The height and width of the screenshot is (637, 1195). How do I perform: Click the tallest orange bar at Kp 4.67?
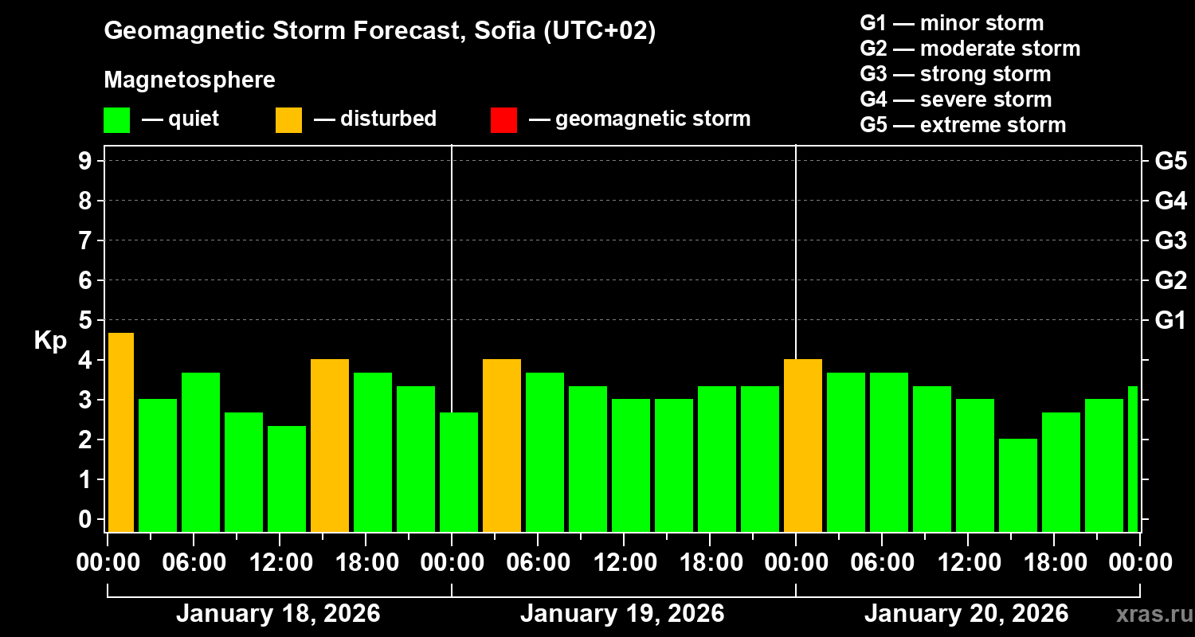(120, 432)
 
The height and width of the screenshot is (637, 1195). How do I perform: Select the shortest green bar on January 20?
(1018, 485)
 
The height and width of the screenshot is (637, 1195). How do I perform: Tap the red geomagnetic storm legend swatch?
(503, 119)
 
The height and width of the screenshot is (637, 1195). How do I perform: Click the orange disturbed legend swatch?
(288, 119)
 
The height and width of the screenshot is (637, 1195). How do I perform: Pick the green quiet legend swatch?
(116, 119)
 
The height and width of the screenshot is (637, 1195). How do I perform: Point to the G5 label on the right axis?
(1170, 161)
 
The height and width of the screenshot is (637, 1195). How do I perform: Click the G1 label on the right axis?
(1170, 320)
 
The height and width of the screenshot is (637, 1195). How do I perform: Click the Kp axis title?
(50, 341)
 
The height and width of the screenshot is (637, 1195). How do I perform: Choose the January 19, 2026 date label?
(622, 613)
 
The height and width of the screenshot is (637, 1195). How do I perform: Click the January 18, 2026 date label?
(278, 613)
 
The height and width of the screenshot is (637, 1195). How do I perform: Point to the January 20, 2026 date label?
(966, 613)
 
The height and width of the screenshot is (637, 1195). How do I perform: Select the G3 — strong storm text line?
(955, 74)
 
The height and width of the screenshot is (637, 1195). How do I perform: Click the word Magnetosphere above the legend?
(190, 80)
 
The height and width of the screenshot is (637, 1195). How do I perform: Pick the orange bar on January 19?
(502, 445)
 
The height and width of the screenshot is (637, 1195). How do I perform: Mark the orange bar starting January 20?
(803, 445)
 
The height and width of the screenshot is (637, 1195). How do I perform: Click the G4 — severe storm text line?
(956, 100)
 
